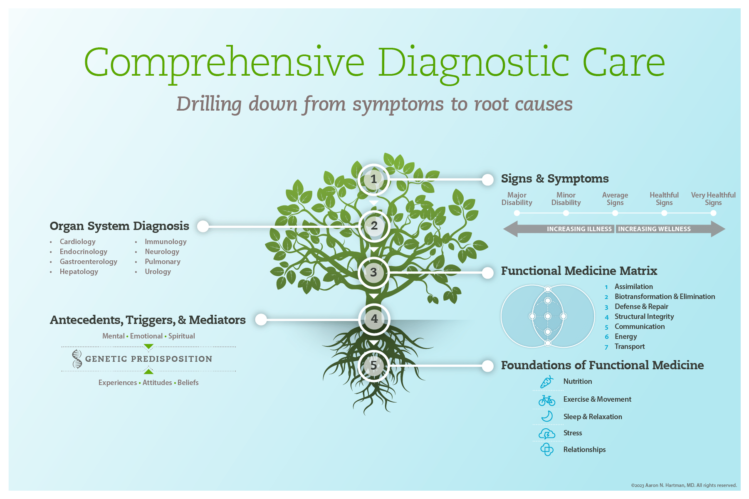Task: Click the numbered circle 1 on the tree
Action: [373, 179]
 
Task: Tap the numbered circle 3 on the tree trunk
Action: [373, 272]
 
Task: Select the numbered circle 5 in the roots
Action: [373, 366]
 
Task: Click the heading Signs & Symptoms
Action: [554, 179]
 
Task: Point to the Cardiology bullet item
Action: [77, 242]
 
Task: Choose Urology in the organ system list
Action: [158, 272]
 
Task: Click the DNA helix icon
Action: [77, 359]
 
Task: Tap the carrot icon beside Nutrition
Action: [546, 382]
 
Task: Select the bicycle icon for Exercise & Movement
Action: [546, 400]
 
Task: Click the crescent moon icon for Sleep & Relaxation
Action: [547, 416]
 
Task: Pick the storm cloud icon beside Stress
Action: [546, 434]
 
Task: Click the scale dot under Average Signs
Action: [615, 213]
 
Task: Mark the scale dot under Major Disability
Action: [517, 213]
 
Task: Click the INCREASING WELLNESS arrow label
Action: [654, 229]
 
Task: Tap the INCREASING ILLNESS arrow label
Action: [579, 229]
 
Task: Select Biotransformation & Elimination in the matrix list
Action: [665, 296]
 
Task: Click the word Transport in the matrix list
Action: [630, 346]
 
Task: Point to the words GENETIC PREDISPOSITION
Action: [148, 359]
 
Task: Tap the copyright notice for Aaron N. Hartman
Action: [683, 485]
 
